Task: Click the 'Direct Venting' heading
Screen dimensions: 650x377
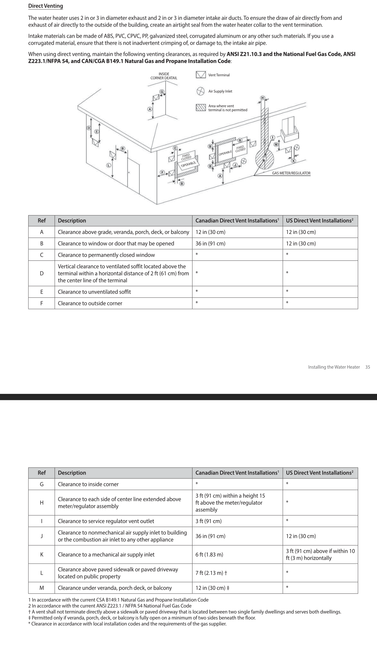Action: [x=45, y=6]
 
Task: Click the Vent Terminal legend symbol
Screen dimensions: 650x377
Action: [x=200, y=75]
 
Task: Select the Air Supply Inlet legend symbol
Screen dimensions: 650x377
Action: [x=200, y=91]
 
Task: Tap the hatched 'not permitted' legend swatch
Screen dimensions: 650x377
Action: [x=200, y=108]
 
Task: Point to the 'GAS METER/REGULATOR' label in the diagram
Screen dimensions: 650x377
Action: [x=291, y=173]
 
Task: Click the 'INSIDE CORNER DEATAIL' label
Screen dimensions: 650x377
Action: [x=164, y=76]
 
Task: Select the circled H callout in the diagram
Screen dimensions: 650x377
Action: [x=263, y=98]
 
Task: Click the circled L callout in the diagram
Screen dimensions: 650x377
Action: [x=108, y=165]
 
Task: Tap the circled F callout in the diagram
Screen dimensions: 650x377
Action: [x=162, y=172]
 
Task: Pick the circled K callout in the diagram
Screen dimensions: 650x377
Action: [x=294, y=161]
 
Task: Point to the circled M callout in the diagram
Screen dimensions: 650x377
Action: [x=276, y=144]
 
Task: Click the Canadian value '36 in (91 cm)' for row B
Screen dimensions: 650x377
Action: [x=210, y=243]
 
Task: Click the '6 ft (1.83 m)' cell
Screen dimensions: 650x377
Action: [x=209, y=554]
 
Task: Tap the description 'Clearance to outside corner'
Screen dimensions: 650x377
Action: [x=90, y=303]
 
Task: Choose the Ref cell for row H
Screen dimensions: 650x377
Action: [x=42, y=502]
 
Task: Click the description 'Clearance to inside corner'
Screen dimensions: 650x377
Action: [x=88, y=484]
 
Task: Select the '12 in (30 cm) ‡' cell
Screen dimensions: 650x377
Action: [x=212, y=588]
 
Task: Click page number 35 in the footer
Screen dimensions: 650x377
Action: [x=368, y=367]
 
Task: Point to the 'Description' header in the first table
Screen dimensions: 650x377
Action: [x=72, y=221]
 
